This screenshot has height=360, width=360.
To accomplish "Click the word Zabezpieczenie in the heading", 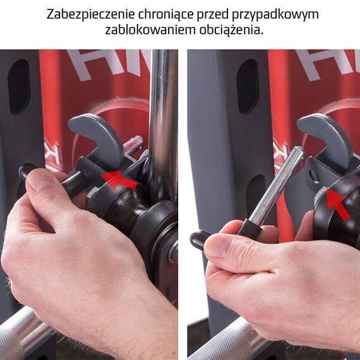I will pos(85,14).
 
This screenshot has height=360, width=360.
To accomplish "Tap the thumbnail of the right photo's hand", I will pos(217,245).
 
